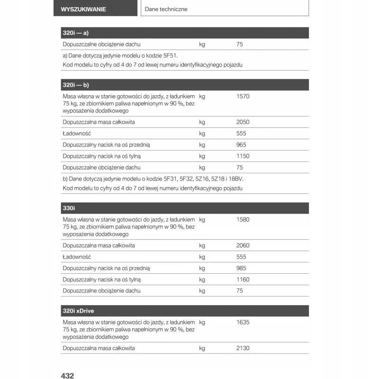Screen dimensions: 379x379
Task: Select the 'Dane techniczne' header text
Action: click(x=166, y=9)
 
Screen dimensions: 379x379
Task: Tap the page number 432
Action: click(x=67, y=376)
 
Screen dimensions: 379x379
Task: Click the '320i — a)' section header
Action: click(x=76, y=33)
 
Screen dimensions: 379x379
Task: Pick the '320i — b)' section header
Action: click(x=76, y=85)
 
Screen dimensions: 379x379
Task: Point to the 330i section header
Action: click(x=69, y=208)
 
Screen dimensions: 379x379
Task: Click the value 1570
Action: click(x=243, y=96)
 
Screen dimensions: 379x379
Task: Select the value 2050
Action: click(x=243, y=122)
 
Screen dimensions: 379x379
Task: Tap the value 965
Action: click(x=241, y=145)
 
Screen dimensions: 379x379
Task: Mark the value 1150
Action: click(x=243, y=156)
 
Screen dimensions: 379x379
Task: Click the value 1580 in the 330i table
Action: click(x=243, y=220)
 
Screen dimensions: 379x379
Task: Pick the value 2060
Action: click(x=243, y=245)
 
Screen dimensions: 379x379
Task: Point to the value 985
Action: click(x=241, y=268)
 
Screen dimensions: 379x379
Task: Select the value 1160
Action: click(x=243, y=280)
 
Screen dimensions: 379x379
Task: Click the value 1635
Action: click(x=243, y=323)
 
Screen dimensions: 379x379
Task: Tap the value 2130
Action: click(x=243, y=348)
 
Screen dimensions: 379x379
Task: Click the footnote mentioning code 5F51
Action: click(x=120, y=55)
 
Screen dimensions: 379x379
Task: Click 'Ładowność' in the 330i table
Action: click(x=77, y=257)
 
